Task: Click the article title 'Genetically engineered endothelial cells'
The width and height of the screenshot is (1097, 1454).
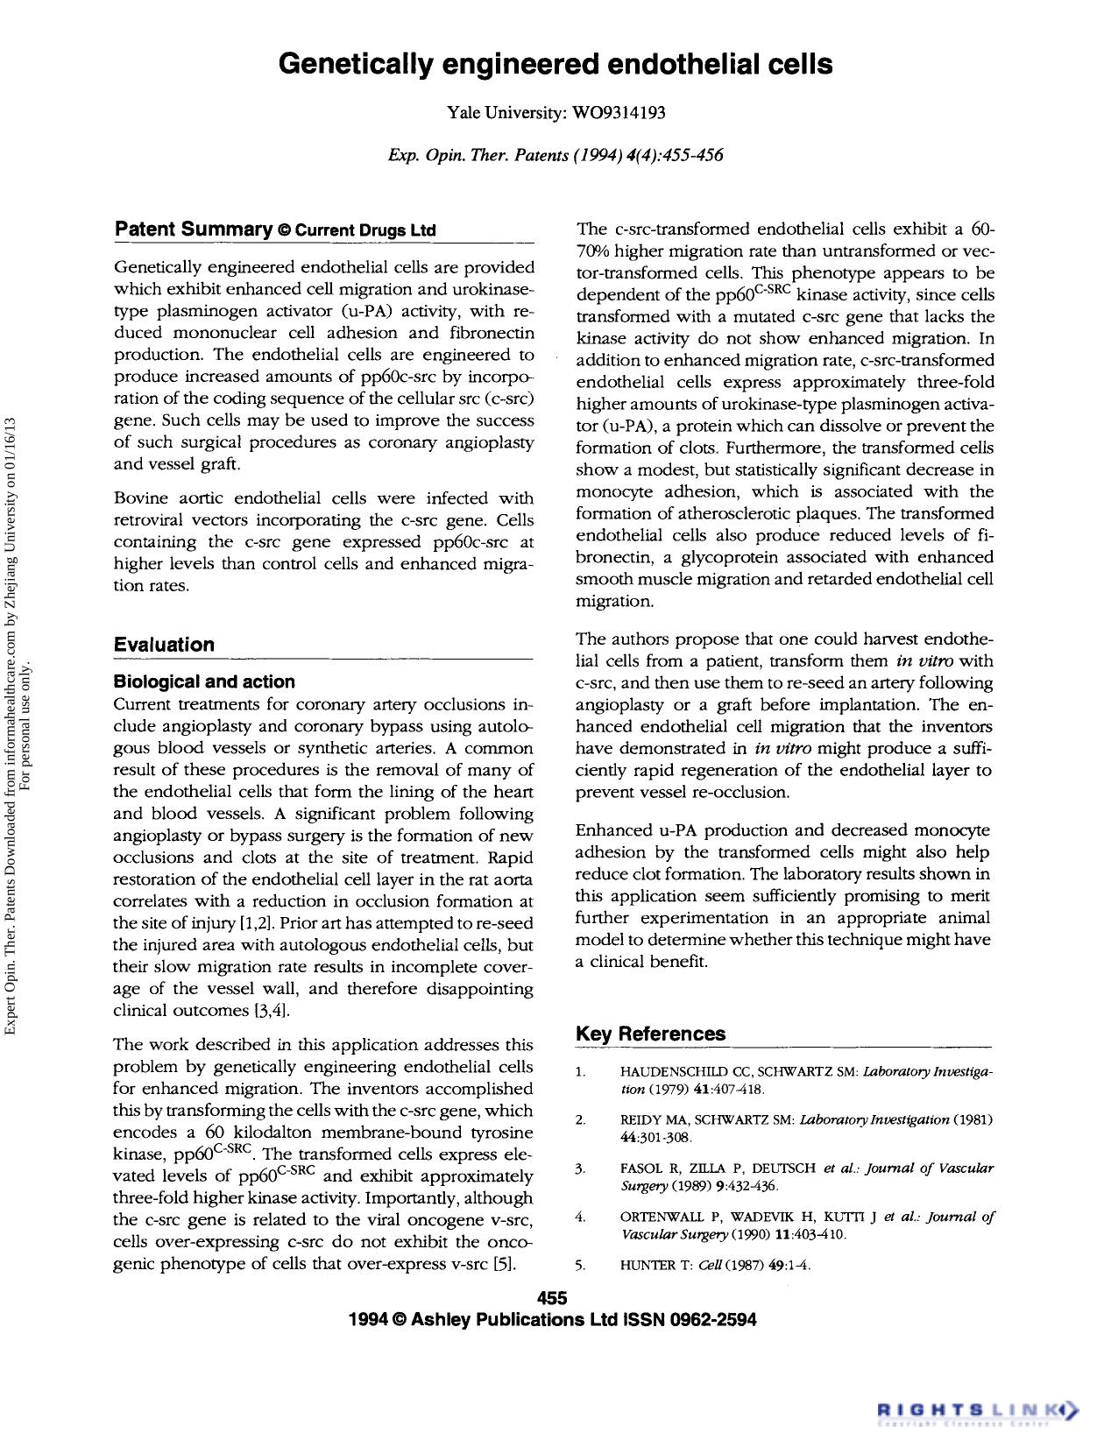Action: [556, 64]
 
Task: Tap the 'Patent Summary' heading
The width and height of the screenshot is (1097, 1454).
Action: [193, 229]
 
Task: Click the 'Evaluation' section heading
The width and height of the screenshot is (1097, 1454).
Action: [164, 645]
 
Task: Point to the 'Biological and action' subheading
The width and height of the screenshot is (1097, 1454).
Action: [204, 681]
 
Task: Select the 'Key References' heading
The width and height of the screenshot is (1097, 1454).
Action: [650, 1034]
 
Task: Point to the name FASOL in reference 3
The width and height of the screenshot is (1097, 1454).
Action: [641, 1168]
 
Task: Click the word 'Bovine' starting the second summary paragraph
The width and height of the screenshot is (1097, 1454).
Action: [142, 498]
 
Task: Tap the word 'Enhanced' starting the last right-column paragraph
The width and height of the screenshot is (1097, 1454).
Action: [612, 830]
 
